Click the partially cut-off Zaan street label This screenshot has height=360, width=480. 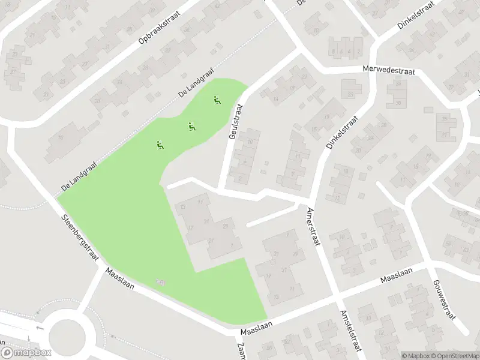tap(242, 350)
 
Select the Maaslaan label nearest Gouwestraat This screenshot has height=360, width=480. tap(398, 280)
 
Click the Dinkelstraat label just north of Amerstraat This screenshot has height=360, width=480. tap(340, 133)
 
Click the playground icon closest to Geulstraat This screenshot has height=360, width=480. tap(217, 100)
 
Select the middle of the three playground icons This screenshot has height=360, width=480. tap(191, 126)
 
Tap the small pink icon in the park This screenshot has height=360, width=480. tap(160, 281)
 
